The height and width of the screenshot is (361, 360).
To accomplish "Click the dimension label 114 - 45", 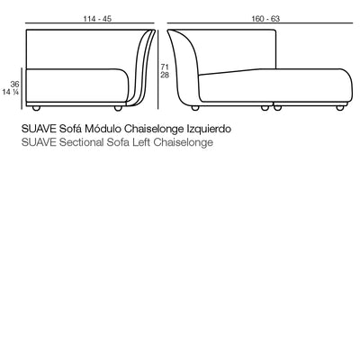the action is pos(97,19).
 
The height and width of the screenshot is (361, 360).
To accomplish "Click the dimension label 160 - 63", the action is pos(265,19).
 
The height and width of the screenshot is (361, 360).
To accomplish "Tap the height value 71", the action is pos(165,68).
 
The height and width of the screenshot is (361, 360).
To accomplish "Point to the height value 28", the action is pos(165,75).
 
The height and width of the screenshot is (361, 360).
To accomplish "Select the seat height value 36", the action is pos(14,85).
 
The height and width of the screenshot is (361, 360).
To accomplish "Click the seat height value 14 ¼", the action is pos(11,92).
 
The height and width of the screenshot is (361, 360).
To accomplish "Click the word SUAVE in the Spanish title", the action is pos(39,129).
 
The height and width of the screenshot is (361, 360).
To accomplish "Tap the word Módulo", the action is pos(103,129).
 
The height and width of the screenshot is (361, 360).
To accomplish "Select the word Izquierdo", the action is pos(209,130).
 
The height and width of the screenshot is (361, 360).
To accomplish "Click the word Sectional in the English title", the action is pos(81,142).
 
